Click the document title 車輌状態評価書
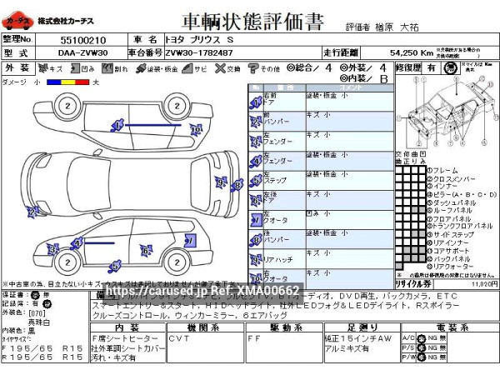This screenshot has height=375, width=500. coord(249,19)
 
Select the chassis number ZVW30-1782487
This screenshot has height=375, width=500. coord(199,52)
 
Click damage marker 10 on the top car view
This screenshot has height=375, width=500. coord(195,129)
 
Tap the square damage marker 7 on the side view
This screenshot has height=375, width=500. coord(190,241)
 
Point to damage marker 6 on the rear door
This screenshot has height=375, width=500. coord(146,251)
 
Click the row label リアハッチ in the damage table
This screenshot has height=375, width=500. coord(275,260)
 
